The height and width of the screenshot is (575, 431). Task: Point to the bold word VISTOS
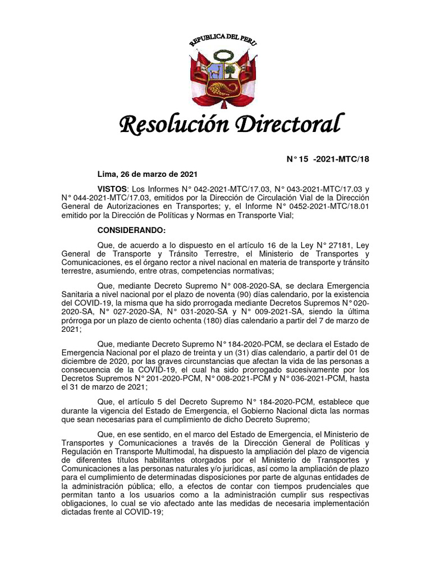(x=113, y=189)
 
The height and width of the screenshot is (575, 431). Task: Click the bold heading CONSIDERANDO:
(x=132, y=230)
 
